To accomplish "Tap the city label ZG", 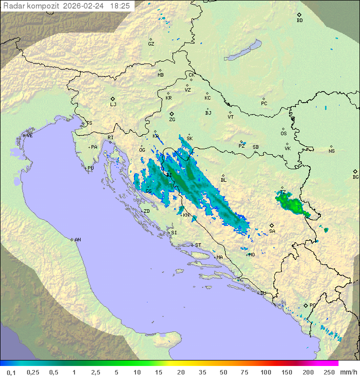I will (x=172, y=120).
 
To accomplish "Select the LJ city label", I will (x=113, y=104).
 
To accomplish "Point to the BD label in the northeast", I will (x=299, y=20).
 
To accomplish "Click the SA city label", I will (x=272, y=231).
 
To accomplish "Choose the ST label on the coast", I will (x=198, y=245).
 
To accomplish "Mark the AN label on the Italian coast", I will (x=77, y=240).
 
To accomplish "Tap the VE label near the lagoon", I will (x=29, y=136).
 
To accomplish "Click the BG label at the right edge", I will (x=355, y=177).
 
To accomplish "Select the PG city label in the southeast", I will (x=312, y=305).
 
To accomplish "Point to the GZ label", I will (x=151, y=44).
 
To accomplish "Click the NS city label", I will (x=331, y=151).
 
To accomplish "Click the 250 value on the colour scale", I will (x=328, y=372).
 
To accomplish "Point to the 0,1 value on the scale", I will (x=11, y=372).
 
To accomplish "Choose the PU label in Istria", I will (x=90, y=168).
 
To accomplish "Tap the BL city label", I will (x=223, y=180).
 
